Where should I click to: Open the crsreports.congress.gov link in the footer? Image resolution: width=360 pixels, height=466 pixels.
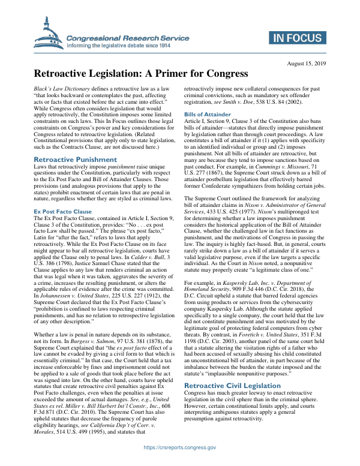point(180,447)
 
